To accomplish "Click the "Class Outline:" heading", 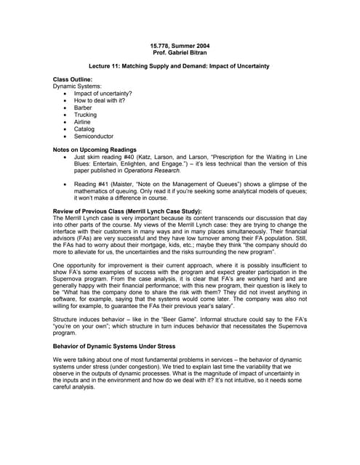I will [72, 79].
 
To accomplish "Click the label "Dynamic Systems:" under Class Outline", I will [77, 86].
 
